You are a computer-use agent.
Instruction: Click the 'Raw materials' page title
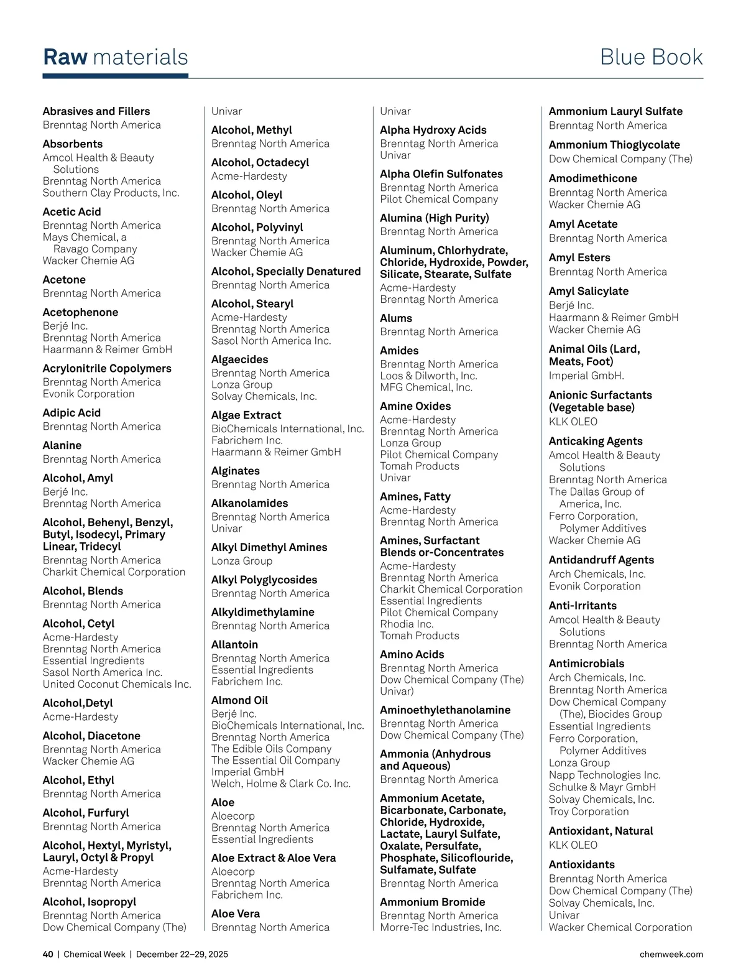pyautogui.click(x=116, y=57)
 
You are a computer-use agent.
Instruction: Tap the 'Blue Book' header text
pyautogui.click(x=651, y=57)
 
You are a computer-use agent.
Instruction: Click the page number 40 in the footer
pyautogui.click(x=48, y=954)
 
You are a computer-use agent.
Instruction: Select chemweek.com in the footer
pyautogui.click(x=671, y=954)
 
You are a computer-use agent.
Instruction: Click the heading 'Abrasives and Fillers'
pyautogui.click(x=96, y=111)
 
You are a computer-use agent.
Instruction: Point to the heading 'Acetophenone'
pyautogui.click(x=80, y=312)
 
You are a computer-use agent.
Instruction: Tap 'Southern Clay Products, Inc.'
pyautogui.click(x=111, y=193)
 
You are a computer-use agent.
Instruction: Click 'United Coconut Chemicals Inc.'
pyautogui.click(x=117, y=684)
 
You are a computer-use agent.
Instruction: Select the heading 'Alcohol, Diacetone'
pyautogui.click(x=91, y=736)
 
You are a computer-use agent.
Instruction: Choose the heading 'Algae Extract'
pyautogui.click(x=246, y=415)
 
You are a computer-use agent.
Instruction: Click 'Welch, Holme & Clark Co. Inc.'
pyautogui.click(x=281, y=784)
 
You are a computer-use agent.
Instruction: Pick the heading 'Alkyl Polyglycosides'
pyautogui.click(x=264, y=580)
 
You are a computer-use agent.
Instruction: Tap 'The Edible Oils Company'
pyautogui.click(x=271, y=749)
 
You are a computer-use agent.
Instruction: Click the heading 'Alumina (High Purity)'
pyautogui.click(x=435, y=218)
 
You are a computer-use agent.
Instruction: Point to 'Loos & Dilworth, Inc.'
pyautogui.click(x=428, y=376)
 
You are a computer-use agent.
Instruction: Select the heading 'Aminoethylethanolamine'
pyautogui.click(x=445, y=710)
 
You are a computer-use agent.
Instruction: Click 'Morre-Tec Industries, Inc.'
pyautogui.click(x=441, y=927)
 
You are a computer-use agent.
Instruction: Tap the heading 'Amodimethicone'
pyautogui.click(x=592, y=178)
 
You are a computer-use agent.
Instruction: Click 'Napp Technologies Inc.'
pyautogui.click(x=604, y=775)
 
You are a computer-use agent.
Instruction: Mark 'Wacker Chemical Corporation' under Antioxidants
pyautogui.click(x=620, y=927)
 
